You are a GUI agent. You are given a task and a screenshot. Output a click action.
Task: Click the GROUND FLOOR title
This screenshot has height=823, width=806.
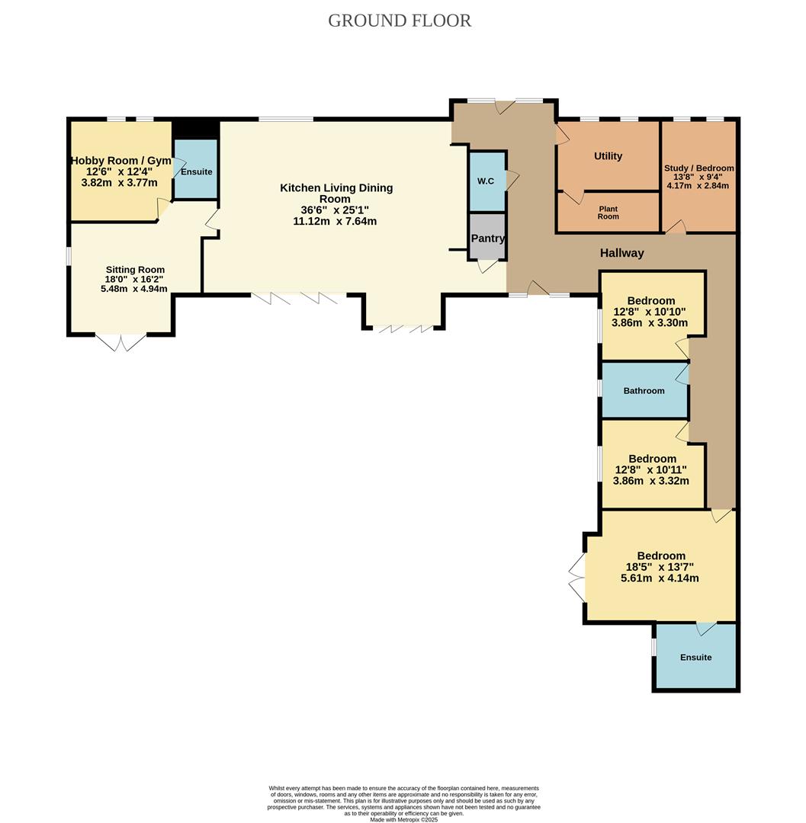pyautogui.click(x=400, y=21)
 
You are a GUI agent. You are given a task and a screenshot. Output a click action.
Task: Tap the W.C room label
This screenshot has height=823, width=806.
pyautogui.click(x=486, y=181)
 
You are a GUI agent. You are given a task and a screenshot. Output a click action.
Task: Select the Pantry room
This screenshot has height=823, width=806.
pyautogui.click(x=487, y=238)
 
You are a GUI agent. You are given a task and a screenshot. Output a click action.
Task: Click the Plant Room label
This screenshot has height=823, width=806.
pyautogui.click(x=608, y=213)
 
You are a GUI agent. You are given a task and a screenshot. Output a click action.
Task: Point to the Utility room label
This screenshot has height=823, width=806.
pyautogui.click(x=608, y=155)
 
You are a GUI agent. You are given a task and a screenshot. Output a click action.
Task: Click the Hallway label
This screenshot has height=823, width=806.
pyautogui.click(x=621, y=253)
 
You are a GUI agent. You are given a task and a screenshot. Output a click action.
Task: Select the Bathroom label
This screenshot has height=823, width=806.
pyautogui.click(x=644, y=391)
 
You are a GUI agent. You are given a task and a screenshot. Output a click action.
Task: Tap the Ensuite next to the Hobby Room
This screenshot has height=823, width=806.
pyautogui.click(x=196, y=171)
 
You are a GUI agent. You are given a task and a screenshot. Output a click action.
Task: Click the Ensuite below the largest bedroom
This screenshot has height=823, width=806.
pyautogui.click(x=695, y=657)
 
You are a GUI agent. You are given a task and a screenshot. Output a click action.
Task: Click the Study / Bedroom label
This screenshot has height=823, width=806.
pyautogui.click(x=699, y=168)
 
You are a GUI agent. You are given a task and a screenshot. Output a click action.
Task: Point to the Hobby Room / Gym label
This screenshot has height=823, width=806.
pyautogui.click(x=120, y=161)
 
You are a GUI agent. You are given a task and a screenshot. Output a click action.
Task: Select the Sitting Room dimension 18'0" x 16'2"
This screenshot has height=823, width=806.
pyautogui.click(x=134, y=280)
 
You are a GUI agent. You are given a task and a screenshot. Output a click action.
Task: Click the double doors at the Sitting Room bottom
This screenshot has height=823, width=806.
pyautogui.click(x=121, y=343)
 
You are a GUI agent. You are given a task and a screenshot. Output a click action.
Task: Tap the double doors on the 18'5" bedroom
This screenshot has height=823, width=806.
pyautogui.click(x=577, y=578)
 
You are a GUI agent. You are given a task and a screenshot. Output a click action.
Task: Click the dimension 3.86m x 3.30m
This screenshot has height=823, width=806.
pyautogui.click(x=650, y=322)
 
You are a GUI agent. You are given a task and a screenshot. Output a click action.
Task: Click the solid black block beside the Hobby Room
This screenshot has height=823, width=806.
pyautogui.click(x=196, y=129)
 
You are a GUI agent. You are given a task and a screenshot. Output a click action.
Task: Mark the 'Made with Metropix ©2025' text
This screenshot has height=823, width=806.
pyautogui.click(x=403, y=819)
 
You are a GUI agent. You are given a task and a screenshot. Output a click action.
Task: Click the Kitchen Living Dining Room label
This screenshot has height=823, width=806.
pyautogui.click(x=336, y=193)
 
